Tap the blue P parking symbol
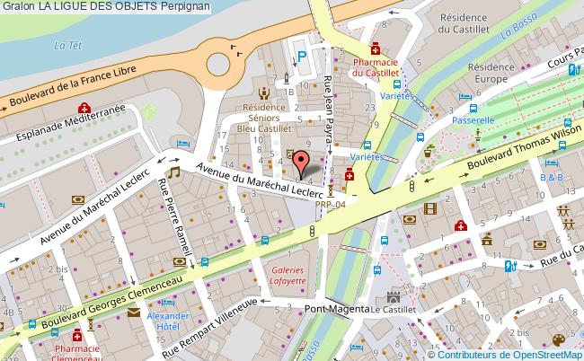[x=302, y=56]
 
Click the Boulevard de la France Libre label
[x=75, y=89]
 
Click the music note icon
[x=175, y=171]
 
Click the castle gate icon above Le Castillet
[x=392, y=296]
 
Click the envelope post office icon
[x=134, y=313]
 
